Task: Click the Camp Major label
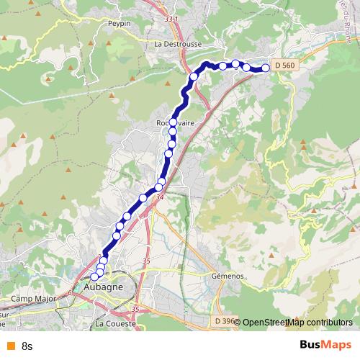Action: (33, 298)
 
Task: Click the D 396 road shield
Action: (225, 320)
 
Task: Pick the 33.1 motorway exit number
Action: (170, 19)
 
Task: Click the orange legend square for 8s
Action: (10, 346)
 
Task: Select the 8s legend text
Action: (28, 346)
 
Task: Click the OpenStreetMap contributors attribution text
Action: (297, 322)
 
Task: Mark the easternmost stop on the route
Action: (266, 68)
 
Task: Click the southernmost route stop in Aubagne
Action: (94, 276)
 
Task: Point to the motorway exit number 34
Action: (159, 197)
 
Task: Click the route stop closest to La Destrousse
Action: (194, 76)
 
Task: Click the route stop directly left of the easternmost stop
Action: (247, 68)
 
